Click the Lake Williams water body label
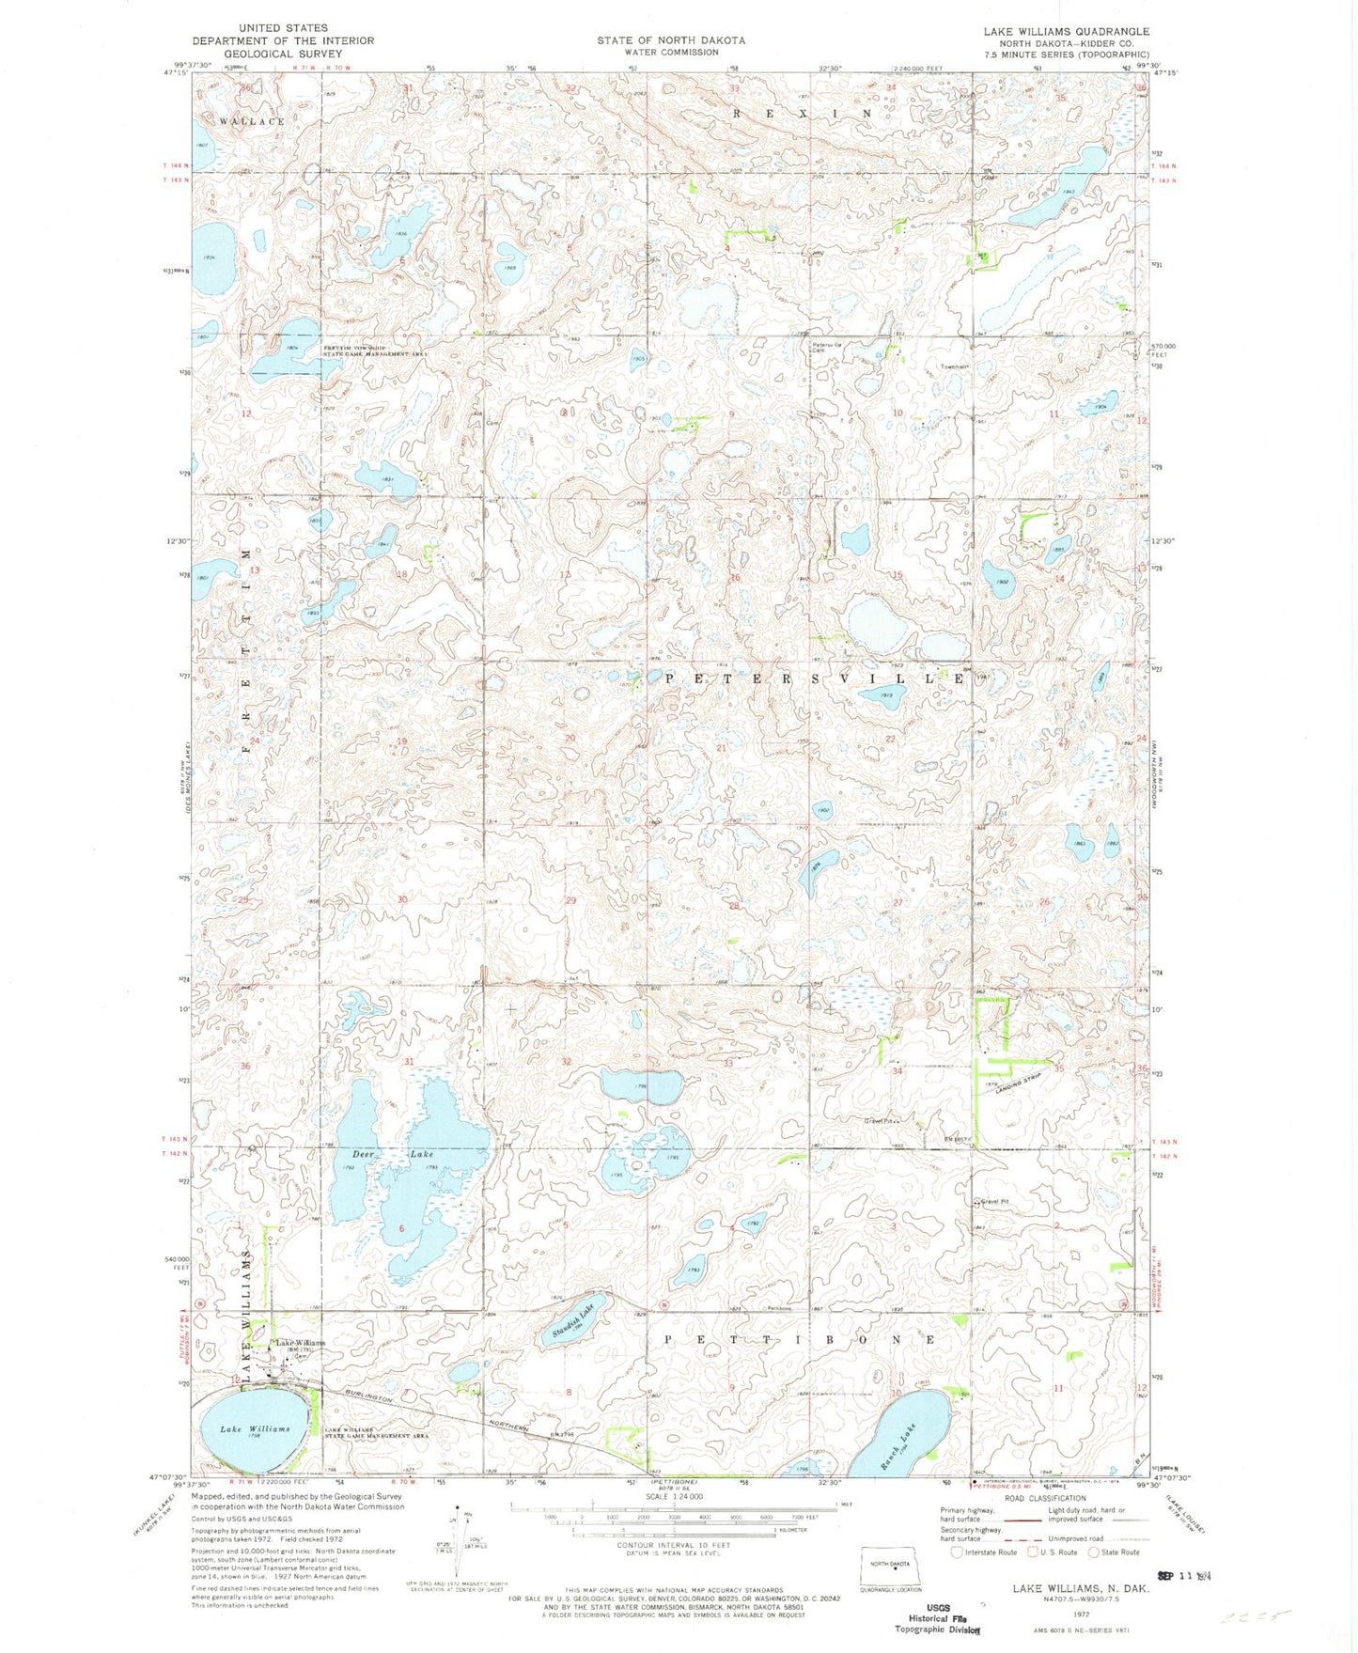[254, 1429]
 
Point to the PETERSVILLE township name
[815, 678]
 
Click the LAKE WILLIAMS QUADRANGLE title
[1066, 32]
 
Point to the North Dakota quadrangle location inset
[893, 1565]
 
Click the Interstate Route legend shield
[957, 1552]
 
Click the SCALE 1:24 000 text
[671, 1497]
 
